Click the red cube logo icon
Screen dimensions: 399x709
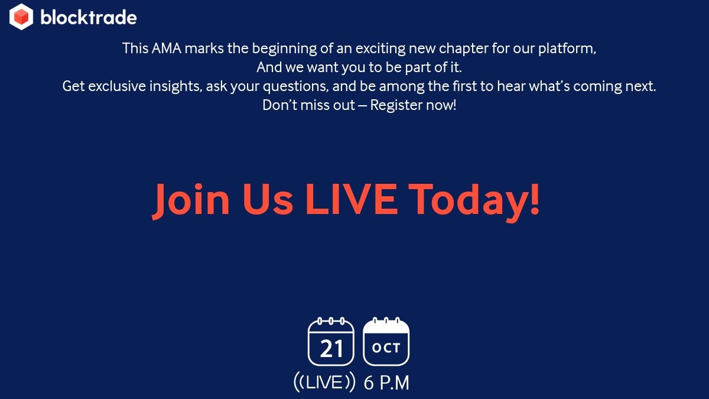(21, 17)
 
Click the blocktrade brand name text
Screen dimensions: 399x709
(89, 17)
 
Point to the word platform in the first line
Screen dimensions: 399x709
(567, 48)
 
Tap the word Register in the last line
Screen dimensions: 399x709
(396, 106)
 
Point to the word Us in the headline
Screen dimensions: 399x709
(267, 200)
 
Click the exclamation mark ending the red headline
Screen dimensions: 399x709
(533, 200)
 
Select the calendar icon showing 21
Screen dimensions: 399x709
(331, 343)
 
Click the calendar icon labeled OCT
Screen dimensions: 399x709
(386, 343)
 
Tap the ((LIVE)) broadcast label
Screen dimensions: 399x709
(324, 382)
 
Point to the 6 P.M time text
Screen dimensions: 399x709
(386, 383)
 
